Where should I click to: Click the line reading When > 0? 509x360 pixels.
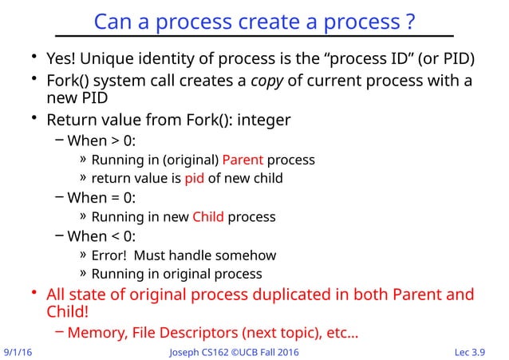101,140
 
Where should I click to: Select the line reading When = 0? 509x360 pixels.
101,198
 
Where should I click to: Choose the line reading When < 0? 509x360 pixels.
101,236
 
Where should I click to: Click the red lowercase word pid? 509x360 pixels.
194,178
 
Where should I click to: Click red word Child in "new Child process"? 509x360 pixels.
208,217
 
